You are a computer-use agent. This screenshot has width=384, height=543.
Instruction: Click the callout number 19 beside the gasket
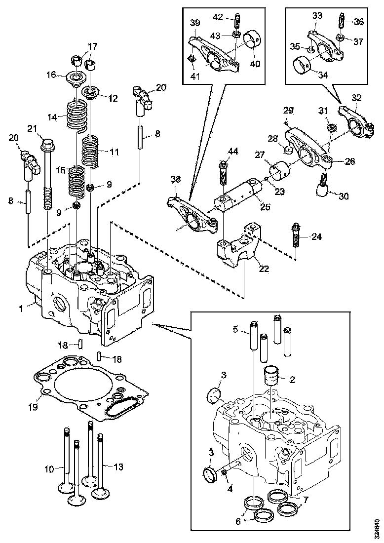33,407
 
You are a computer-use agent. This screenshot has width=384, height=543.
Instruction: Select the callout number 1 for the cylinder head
22,309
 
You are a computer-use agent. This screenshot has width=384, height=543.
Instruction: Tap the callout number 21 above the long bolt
32,129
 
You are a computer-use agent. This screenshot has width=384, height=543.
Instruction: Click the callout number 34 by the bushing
310,76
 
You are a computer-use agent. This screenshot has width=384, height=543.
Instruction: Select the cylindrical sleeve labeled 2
271,376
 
